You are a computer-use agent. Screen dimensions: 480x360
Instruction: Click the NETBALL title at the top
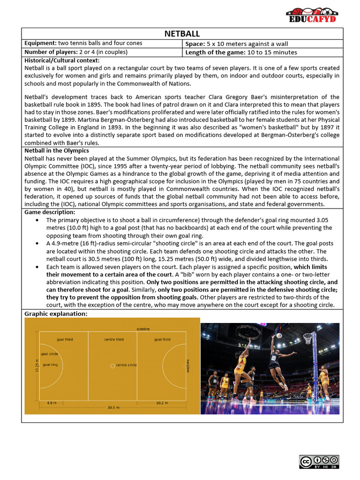tap(182, 34)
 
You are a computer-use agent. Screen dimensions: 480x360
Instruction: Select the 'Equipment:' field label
tap(39, 43)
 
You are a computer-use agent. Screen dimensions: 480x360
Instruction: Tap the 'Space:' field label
tap(195, 43)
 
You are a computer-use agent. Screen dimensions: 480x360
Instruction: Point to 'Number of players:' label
tap(52, 52)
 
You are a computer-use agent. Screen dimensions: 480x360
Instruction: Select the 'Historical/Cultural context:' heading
tap(62, 60)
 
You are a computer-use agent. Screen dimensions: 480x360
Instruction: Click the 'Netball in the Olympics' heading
tap(57, 151)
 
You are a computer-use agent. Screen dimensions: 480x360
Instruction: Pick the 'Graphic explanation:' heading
tap(56, 314)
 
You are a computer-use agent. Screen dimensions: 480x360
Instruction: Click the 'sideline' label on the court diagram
tap(143, 329)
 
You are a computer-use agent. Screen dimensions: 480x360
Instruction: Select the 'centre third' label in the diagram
tap(114, 339)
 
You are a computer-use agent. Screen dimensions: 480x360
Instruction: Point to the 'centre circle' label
tap(126, 365)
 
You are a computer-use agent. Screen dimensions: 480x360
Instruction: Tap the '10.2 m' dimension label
tap(162, 402)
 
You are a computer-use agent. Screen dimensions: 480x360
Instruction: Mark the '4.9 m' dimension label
tap(51, 402)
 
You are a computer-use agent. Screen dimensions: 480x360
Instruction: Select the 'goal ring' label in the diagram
tap(50, 364)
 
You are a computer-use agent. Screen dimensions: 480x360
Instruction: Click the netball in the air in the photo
tap(279, 335)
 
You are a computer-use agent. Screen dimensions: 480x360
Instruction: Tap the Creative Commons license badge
tap(319, 462)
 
